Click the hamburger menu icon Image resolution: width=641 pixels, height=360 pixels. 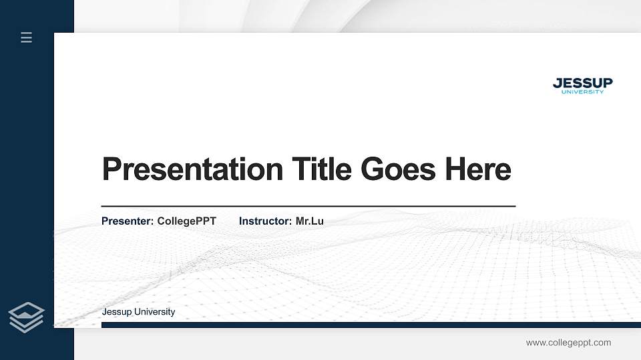(27, 37)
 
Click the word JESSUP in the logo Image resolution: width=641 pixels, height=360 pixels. (582, 83)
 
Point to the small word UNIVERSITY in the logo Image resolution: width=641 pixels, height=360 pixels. (582, 92)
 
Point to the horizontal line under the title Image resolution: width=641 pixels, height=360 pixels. (308, 206)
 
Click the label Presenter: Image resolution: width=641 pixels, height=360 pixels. (128, 221)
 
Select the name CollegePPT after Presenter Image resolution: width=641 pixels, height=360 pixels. (186, 221)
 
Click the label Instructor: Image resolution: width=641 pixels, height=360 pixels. (265, 221)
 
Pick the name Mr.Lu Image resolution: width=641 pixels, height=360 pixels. (309, 221)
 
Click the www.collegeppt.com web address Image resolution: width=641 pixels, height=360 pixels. (568, 343)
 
